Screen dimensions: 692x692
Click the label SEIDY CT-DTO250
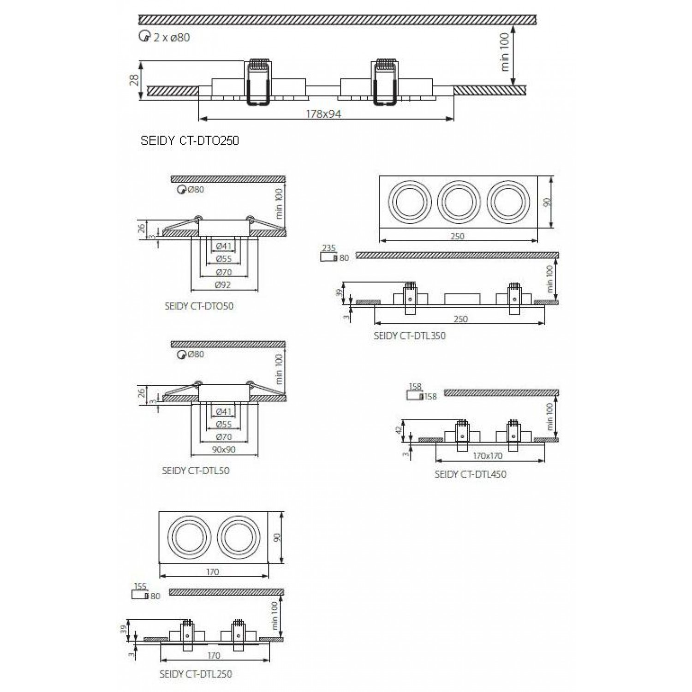(190, 141)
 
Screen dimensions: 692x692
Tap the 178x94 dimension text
(324, 114)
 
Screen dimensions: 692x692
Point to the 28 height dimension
(133, 81)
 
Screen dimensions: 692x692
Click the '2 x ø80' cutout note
(171, 37)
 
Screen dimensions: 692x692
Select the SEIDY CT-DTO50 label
(199, 306)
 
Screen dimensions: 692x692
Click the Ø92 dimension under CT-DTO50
(223, 285)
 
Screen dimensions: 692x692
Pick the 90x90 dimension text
(224, 449)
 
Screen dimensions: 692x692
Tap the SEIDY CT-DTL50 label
(196, 471)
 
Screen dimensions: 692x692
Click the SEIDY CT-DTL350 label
(410, 336)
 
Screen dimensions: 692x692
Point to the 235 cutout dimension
(328, 248)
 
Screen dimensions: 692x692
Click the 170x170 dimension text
(487, 456)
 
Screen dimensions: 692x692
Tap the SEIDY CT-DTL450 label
(470, 474)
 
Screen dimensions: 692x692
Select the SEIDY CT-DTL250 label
(196, 674)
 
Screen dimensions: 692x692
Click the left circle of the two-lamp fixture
(188, 538)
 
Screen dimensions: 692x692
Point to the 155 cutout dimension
(140, 586)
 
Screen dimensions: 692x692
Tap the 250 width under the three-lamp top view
(457, 236)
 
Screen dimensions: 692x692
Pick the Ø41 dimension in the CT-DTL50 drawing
(223, 411)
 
